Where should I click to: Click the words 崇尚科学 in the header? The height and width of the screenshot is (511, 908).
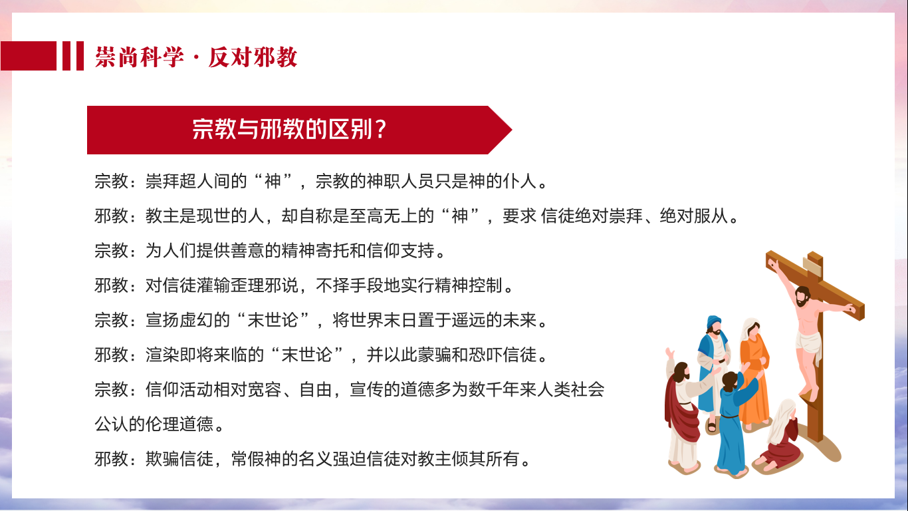140,57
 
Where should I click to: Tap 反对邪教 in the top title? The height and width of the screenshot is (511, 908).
253,57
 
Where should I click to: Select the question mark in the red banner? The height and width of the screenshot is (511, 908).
380,130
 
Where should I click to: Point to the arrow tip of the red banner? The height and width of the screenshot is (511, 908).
512,130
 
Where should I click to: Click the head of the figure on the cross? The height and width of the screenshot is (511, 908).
802,297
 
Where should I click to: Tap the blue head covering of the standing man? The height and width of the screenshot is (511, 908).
713,322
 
